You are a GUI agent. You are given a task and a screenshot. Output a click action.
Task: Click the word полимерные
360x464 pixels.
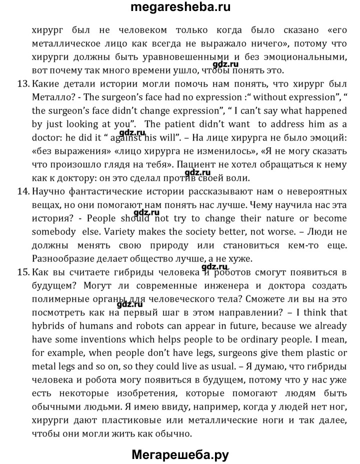(x=58, y=299)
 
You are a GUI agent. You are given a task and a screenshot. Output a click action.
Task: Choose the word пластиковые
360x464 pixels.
(x=137, y=407)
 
